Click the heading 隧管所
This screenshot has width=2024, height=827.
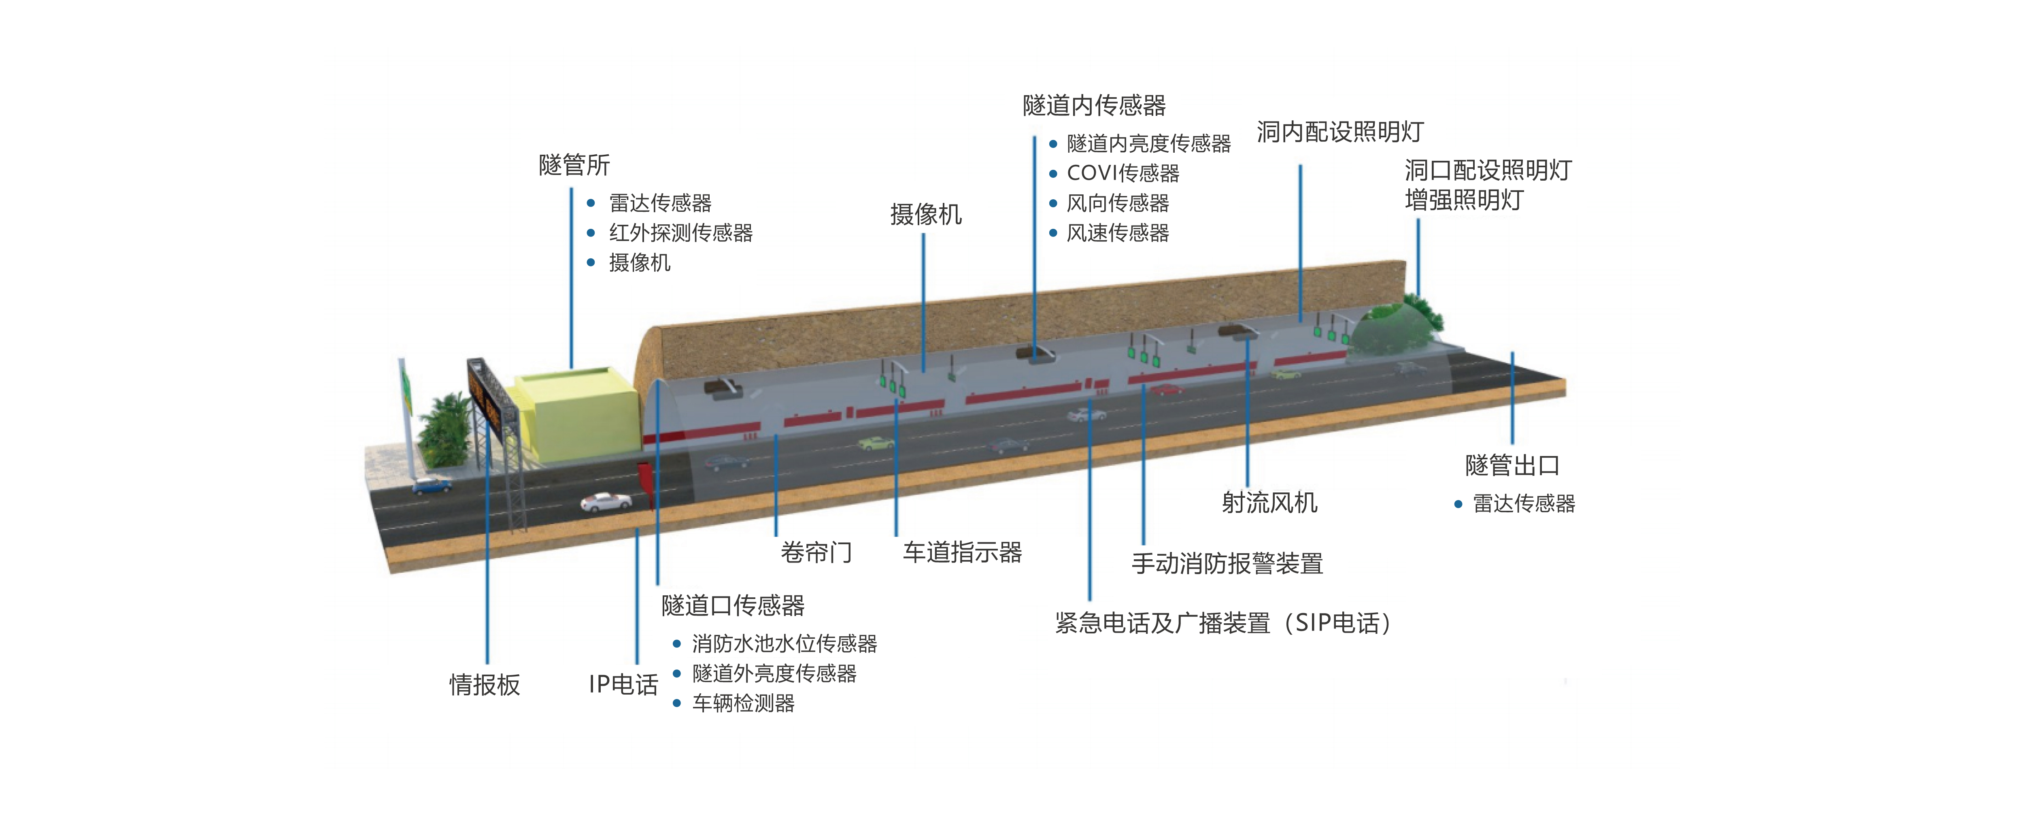point(574,165)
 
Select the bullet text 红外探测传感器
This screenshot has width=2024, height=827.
point(680,233)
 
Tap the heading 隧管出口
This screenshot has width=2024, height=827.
point(1512,465)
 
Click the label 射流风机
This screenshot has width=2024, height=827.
point(1269,502)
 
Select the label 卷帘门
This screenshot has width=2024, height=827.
point(816,552)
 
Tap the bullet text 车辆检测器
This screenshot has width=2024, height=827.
point(743,703)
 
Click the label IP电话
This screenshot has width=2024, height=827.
point(623,684)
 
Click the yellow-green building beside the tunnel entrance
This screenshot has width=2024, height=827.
point(578,417)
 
